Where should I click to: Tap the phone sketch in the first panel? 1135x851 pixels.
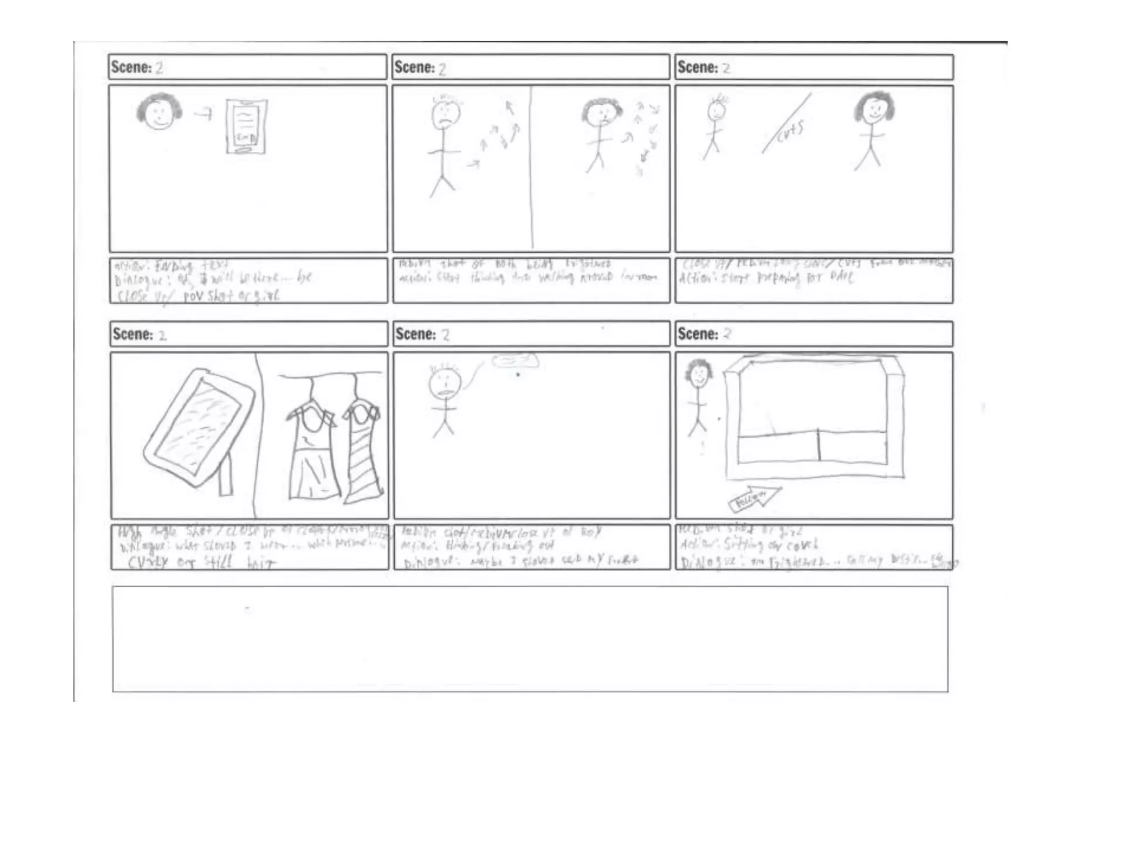[x=246, y=126]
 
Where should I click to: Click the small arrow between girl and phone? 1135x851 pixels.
[x=203, y=114]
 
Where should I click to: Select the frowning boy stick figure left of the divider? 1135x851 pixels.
[x=445, y=144]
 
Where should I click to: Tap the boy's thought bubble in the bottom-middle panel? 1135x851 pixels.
[x=514, y=361]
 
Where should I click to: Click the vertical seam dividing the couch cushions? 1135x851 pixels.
[x=819, y=444]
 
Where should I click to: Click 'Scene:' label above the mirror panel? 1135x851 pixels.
[x=132, y=334]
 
